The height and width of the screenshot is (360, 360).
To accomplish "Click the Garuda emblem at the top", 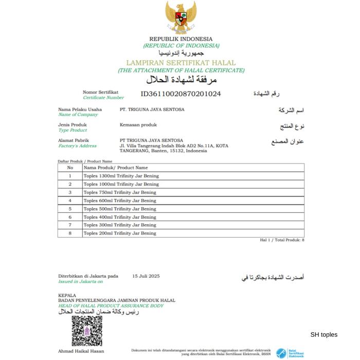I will tap(181, 16).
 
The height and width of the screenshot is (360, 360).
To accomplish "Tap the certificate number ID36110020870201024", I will tap(181, 94).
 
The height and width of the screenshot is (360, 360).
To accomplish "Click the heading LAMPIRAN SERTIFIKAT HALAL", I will tap(181, 63).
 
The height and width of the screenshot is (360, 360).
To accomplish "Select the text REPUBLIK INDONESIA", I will tap(181, 39).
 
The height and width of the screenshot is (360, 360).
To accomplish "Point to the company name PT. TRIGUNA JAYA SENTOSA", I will tap(152, 110).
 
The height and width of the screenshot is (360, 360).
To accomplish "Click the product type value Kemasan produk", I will tap(138, 125).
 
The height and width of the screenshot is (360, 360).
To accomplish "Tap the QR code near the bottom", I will tap(87, 331).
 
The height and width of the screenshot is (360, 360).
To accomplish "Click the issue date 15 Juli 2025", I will tap(146, 276).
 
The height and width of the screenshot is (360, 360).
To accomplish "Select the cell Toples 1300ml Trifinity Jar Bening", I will tap(121, 176).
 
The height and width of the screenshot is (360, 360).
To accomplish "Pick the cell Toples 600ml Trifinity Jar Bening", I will tap(120, 201).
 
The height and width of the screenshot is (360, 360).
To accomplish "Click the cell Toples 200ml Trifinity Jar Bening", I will tap(120, 233).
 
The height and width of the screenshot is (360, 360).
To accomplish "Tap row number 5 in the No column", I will tap(70, 209).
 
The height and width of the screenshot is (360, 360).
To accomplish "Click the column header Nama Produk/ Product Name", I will tap(116, 168).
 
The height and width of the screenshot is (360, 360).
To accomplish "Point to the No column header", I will tap(70, 168).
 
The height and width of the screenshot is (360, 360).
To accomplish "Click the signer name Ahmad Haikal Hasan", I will tap(81, 351).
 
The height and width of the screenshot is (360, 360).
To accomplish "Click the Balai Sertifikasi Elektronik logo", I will tap(290, 353).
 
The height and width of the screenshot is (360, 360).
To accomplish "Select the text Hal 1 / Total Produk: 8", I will tap(282, 240).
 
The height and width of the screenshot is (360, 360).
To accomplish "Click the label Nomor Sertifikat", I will tap(100, 93).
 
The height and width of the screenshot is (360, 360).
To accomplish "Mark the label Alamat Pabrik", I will tap(74, 140).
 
